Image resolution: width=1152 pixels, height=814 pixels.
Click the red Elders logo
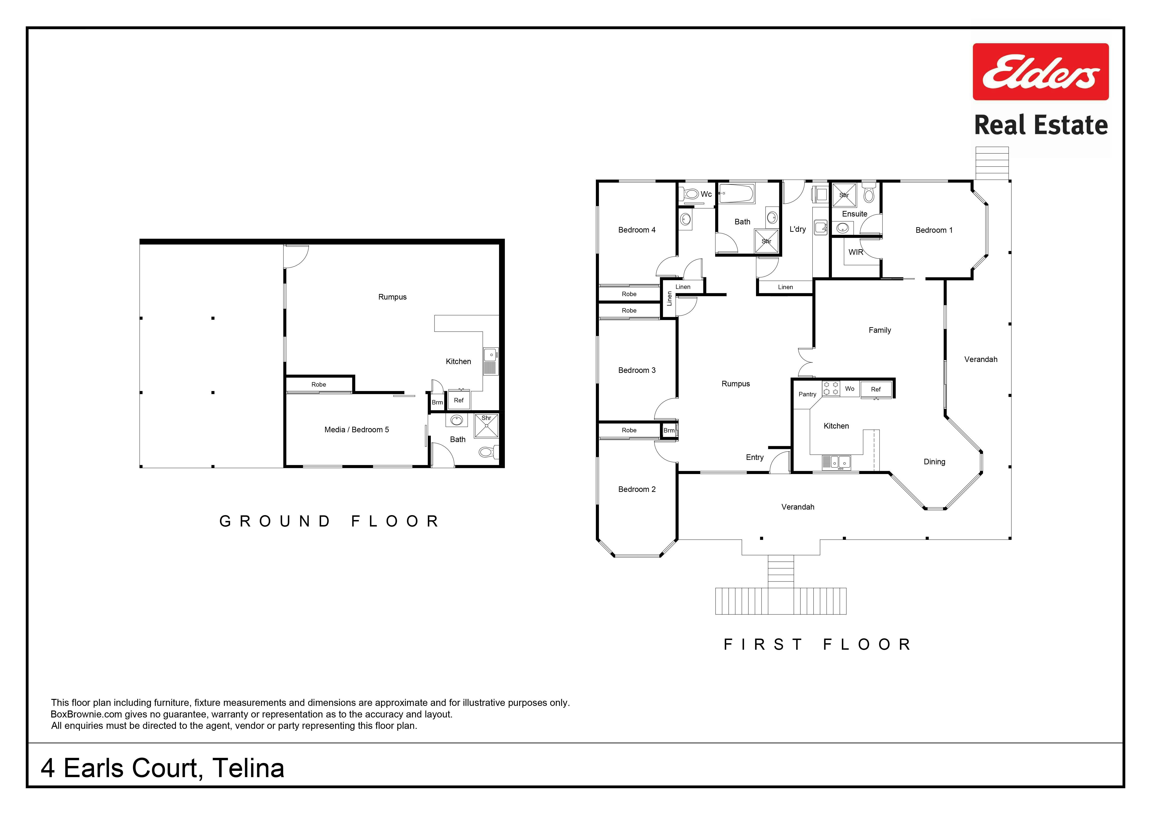(1041, 72)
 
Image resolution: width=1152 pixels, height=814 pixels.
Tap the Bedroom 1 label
(934, 230)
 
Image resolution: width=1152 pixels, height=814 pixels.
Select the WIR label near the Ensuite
(856, 252)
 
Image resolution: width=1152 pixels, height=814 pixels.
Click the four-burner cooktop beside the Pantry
(831, 388)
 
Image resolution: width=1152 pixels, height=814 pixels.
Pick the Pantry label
(807, 394)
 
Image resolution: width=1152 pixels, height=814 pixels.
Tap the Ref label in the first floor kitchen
(876, 389)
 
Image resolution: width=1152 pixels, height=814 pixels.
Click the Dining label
(934, 462)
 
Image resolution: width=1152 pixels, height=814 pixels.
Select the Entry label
(755, 457)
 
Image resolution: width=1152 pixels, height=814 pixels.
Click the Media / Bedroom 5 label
(357, 430)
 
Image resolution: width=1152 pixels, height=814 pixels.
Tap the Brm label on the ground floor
(438, 402)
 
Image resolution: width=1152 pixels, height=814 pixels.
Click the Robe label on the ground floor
(319, 385)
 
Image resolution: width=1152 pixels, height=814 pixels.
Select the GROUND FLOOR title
(330, 522)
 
